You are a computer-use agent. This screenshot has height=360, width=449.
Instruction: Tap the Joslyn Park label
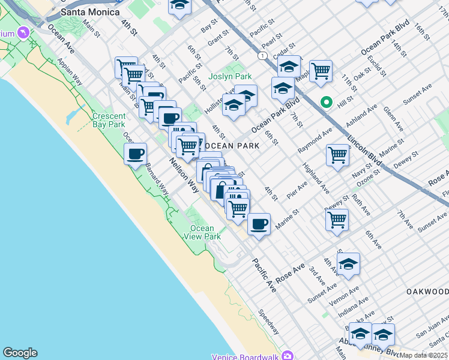(230, 76)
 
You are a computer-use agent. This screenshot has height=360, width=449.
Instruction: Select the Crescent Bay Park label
(109, 120)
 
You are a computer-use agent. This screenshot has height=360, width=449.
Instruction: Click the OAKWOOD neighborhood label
(427, 291)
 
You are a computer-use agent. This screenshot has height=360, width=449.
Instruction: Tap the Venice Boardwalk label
(247, 356)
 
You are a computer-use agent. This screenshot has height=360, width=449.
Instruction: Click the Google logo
(20, 353)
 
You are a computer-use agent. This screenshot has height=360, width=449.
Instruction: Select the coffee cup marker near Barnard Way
(136, 153)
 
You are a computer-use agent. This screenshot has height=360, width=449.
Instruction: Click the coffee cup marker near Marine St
(259, 224)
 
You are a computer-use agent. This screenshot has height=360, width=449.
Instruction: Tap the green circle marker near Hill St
(327, 103)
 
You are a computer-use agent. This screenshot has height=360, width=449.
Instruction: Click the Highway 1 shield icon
(262, 55)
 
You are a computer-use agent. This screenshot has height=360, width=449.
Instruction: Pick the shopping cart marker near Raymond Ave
(338, 154)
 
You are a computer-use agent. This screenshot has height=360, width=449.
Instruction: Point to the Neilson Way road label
(183, 179)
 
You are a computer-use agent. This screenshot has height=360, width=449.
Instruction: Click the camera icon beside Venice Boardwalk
(288, 355)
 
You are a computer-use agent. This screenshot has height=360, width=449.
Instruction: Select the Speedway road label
(268, 322)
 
